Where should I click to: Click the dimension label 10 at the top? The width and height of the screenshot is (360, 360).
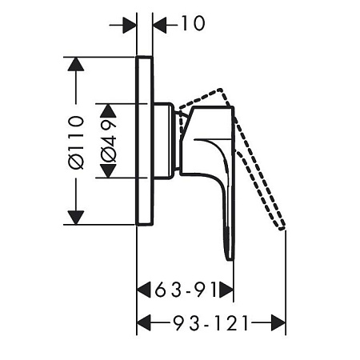(x=194, y=23)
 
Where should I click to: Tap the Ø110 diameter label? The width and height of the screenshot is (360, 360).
(x=76, y=142)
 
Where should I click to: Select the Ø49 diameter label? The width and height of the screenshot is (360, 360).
(x=109, y=141)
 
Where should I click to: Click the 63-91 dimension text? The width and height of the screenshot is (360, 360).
(x=186, y=290)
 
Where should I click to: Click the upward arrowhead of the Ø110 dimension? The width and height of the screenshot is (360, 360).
(x=76, y=64)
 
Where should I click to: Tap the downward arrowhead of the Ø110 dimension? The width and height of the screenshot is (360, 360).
(x=76, y=218)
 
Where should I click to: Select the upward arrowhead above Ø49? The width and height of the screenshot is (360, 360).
(x=108, y=110)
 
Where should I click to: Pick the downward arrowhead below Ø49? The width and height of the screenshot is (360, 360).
(x=108, y=171)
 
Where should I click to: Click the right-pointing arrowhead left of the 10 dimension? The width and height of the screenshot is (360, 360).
(x=130, y=26)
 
